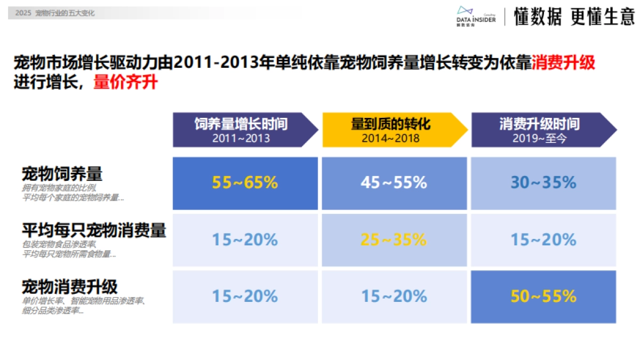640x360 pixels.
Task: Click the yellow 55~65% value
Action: (245, 183)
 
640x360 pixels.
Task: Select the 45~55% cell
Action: (394, 183)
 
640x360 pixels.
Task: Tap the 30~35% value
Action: (543, 183)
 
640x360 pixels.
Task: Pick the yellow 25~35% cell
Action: (394, 240)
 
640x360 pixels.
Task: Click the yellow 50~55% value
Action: (543, 296)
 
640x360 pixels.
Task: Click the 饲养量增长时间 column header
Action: (241, 124)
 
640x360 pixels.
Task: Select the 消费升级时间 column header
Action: (539, 124)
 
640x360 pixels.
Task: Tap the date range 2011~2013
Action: (241, 138)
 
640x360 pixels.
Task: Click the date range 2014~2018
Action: (390, 138)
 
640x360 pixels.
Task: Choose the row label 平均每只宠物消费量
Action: (94, 230)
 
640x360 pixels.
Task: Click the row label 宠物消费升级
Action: (69, 286)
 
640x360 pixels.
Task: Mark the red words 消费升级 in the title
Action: (563, 63)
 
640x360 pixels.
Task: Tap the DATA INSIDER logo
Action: (476, 16)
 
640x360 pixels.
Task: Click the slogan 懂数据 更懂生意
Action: (574, 17)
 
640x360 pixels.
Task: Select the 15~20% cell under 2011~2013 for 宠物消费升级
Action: (245, 296)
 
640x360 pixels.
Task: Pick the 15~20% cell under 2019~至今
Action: (543, 240)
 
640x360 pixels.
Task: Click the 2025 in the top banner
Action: (23, 13)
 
